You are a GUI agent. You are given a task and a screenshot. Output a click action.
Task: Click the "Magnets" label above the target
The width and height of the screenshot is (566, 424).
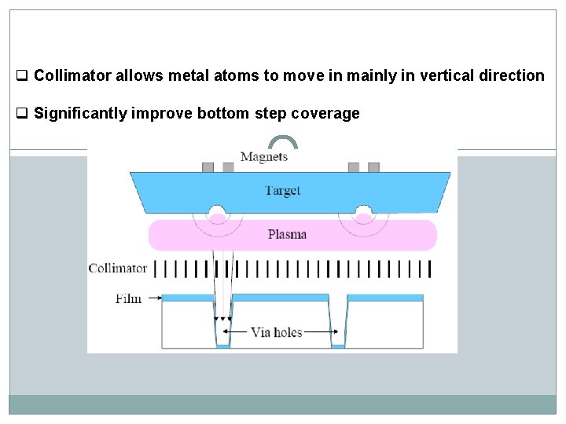tap(264, 156)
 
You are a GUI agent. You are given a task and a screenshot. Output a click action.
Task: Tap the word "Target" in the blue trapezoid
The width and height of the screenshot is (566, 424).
tap(282, 191)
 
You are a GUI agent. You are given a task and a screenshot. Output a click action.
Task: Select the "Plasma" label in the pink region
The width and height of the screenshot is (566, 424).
tap(287, 234)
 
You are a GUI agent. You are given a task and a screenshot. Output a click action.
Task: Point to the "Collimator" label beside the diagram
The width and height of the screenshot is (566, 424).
tap(118, 269)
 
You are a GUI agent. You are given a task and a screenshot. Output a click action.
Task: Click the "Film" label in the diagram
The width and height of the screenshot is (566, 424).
tap(129, 298)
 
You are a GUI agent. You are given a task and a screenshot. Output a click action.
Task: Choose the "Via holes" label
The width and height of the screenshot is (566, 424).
tap(277, 332)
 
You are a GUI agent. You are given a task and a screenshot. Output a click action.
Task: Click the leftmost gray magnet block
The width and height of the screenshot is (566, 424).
tap(208, 167)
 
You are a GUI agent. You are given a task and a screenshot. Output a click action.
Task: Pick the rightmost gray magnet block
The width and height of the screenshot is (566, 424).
tap(373, 167)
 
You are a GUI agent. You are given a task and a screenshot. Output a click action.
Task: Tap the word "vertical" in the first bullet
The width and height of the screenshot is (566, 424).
tap(446, 76)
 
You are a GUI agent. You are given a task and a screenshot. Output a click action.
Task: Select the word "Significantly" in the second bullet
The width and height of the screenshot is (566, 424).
tap(81, 114)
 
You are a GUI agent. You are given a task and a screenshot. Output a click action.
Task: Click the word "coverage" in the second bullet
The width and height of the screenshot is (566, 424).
tap(325, 114)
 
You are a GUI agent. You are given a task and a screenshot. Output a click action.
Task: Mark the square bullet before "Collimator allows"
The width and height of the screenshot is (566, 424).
tap(23, 76)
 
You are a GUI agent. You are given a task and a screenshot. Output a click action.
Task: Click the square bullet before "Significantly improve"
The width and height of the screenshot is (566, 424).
tap(23, 114)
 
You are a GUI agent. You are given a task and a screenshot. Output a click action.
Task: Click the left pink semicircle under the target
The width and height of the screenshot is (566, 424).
tap(214, 214)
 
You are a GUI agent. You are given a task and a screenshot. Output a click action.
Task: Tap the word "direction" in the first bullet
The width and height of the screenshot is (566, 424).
tap(511, 76)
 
